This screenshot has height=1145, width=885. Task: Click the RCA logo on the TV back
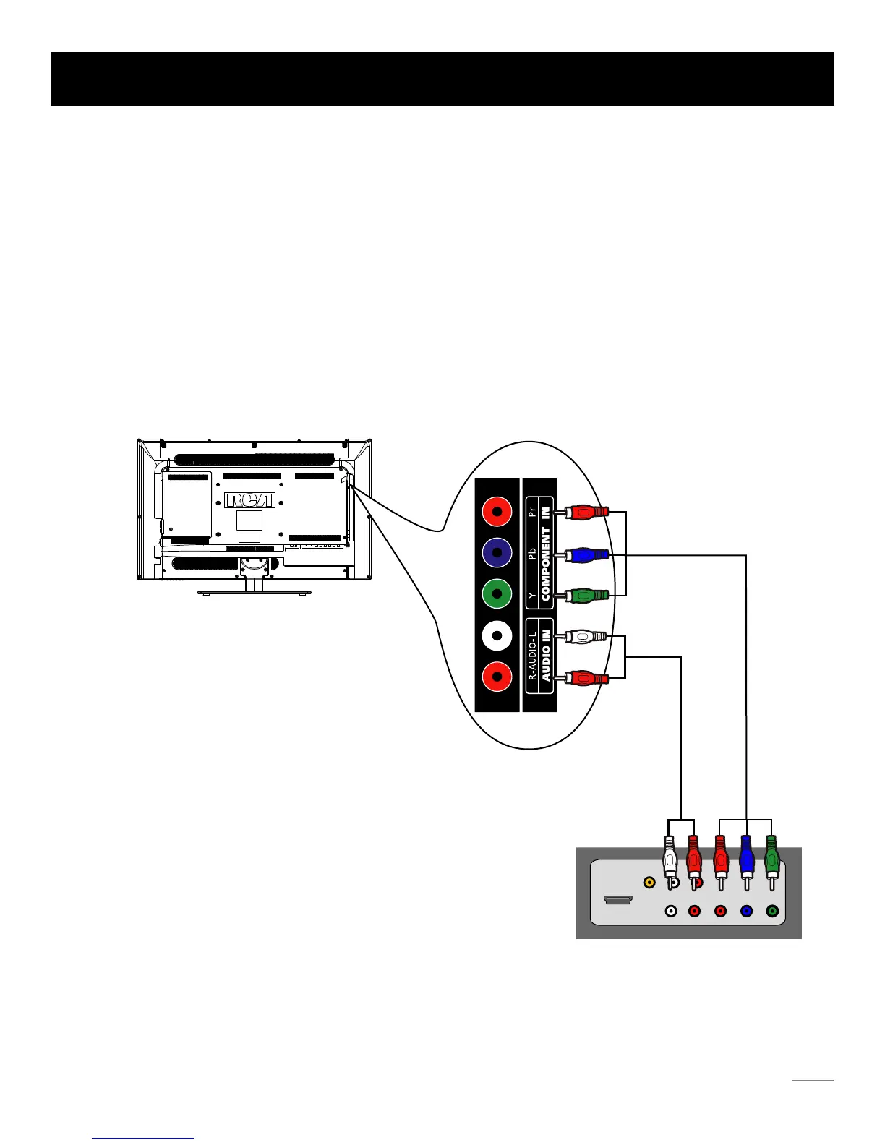[x=249, y=500]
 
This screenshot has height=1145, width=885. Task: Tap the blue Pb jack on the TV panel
[x=497, y=553]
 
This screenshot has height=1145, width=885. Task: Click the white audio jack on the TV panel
[x=497, y=636]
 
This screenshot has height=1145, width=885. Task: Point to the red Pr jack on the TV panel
[x=497, y=513]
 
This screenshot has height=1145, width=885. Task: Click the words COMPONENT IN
[x=546, y=553]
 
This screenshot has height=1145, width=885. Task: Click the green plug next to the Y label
[x=587, y=596]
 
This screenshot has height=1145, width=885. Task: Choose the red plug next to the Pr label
[x=587, y=513]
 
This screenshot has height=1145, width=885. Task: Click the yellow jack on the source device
[x=649, y=882]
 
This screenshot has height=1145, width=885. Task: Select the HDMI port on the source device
[x=618, y=901]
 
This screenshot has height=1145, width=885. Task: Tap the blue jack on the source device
[x=746, y=912]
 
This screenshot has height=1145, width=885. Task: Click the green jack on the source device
[x=772, y=912]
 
